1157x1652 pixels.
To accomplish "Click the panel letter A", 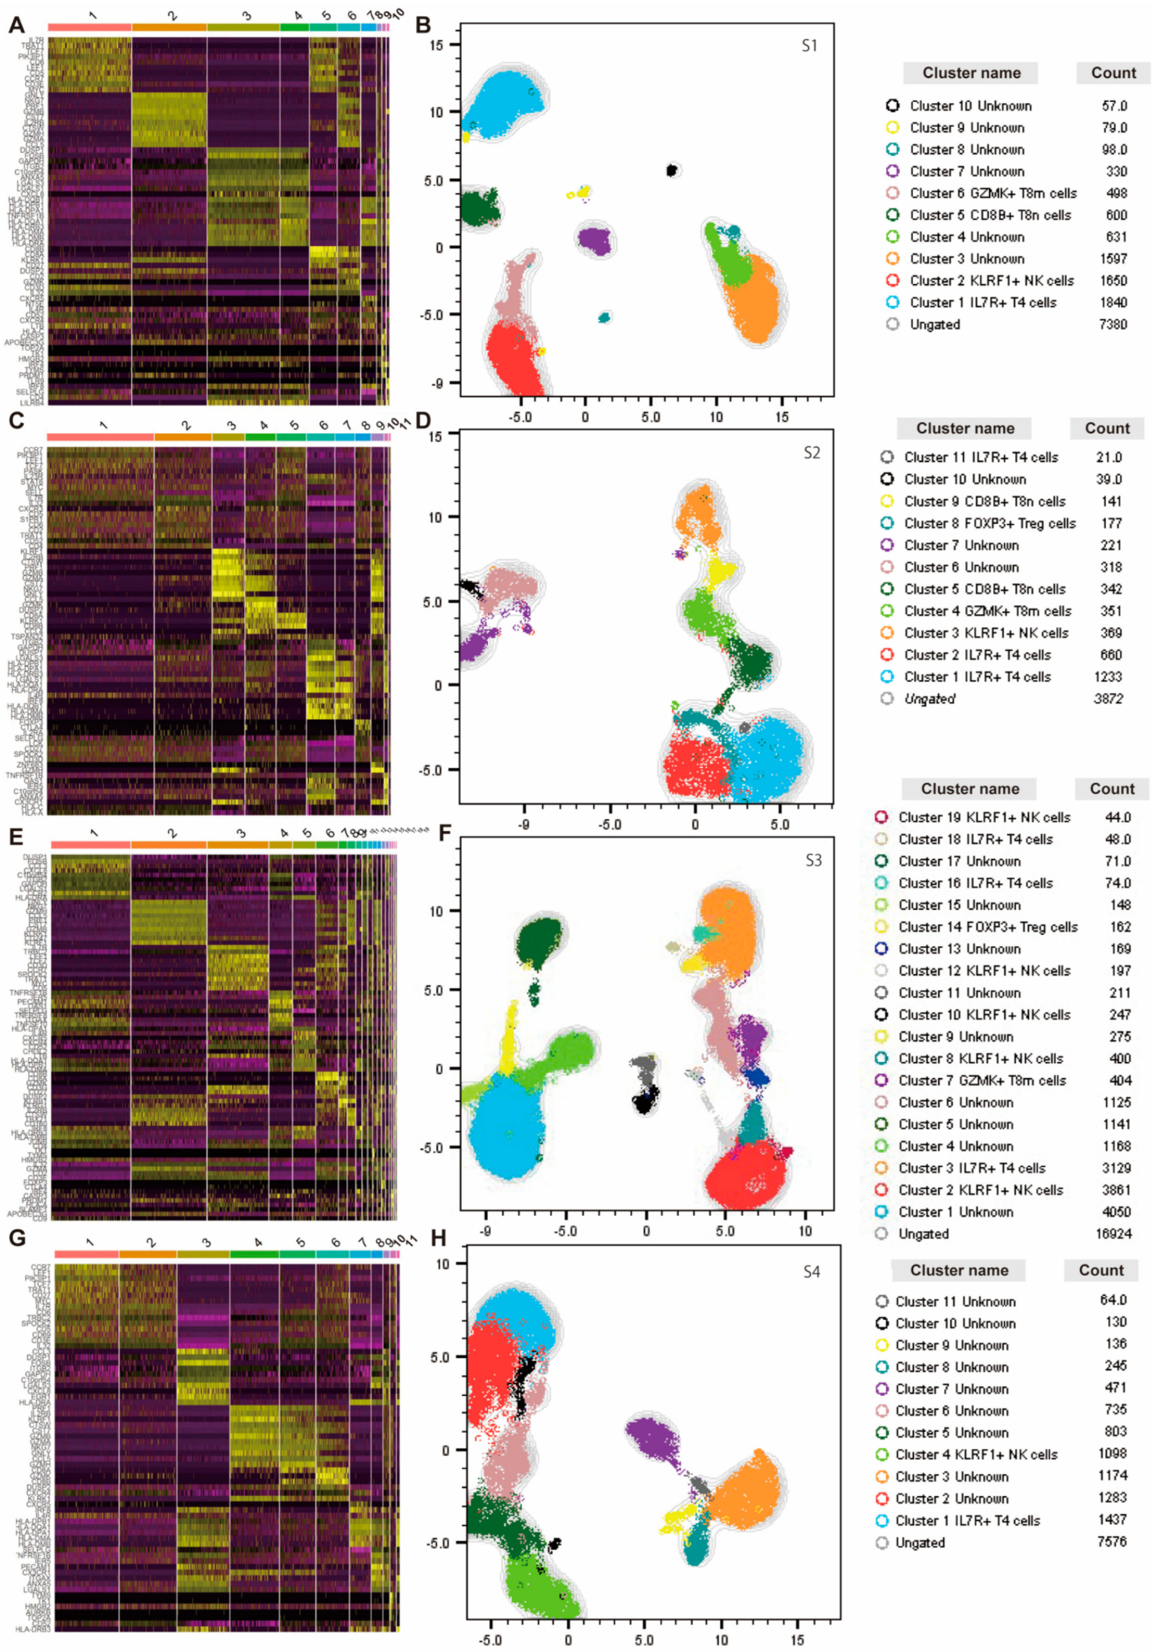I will [x=16, y=26].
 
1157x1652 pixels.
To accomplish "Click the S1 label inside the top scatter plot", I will [x=809, y=46].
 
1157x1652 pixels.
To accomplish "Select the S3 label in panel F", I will [x=813, y=860].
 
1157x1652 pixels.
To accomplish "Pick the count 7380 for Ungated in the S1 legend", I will [x=1113, y=324].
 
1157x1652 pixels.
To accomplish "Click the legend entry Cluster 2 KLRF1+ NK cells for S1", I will [x=991, y=281].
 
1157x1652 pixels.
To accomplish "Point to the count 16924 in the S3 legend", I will [x=1113, y=1234].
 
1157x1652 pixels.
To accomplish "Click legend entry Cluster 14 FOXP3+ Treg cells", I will [x=987, y=927].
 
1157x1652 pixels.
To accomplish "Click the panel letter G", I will [x=16, y=1237].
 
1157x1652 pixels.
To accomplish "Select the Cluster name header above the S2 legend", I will [x=964, y=429].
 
